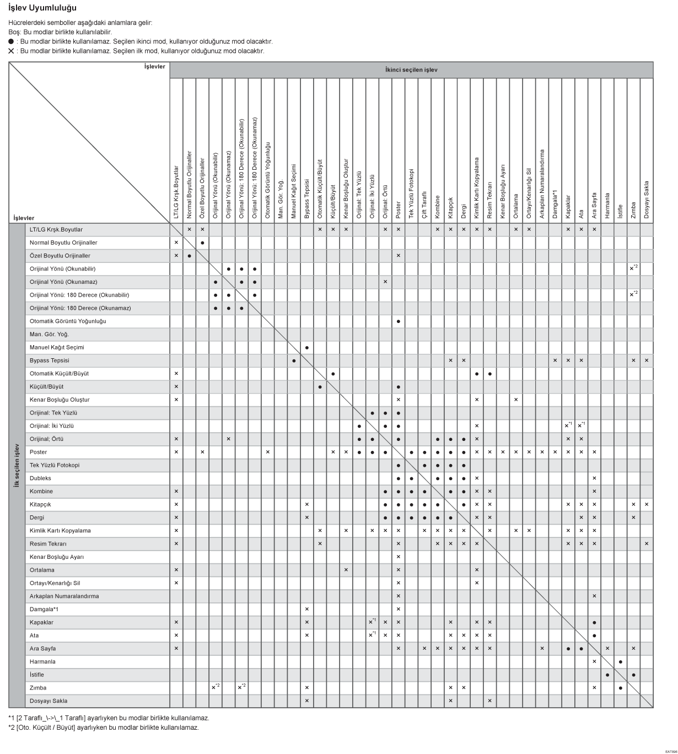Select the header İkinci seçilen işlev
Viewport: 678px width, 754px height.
(411, 70)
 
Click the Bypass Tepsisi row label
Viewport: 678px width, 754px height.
(50, 360)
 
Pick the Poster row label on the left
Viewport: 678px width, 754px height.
(38, 452)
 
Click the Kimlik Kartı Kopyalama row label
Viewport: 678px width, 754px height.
(60, 531)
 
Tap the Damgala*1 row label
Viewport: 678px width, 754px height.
(44, 610)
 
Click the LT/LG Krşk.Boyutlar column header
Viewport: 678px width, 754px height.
(176, 192)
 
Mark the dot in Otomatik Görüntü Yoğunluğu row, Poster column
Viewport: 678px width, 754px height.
(398, 321)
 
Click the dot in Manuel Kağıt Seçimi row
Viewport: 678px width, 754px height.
(306, 348)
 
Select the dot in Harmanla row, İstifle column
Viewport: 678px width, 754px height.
(621, 662)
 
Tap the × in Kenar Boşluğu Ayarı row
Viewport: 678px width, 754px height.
(398, 557)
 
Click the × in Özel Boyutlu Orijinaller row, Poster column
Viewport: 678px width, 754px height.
(398, 256)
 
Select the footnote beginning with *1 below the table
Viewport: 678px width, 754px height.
(109, 718)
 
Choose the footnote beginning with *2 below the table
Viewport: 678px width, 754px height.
(103, 727)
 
